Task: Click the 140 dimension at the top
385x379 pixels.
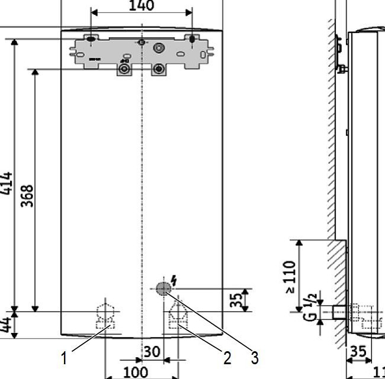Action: tap(142, 7)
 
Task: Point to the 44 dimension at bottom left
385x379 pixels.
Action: tap(7, 325)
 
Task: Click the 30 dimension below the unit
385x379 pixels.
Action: tap(152, 352)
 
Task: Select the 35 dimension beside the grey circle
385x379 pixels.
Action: tap(236, 300)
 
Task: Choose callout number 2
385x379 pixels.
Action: tap(226, 357)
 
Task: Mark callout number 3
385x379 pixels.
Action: tap(255, 357)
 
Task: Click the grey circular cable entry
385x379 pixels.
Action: tap(164, 289)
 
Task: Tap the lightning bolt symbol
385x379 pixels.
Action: tap(174, 279)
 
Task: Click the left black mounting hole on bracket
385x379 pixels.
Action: tap(91, 40)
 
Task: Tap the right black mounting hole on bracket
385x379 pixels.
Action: tap(192, 39)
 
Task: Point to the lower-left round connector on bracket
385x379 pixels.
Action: tap(124, 69)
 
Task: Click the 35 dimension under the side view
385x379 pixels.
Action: tap(358, 351)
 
